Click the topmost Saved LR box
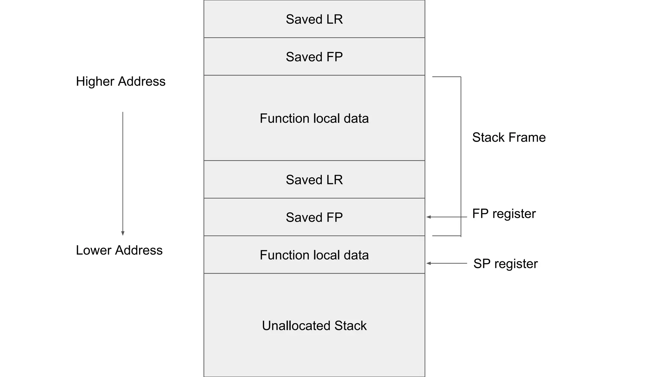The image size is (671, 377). (314, 19)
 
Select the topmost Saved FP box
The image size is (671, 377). (314, 57)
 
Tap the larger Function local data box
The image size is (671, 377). (314, 118)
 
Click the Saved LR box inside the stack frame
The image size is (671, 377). (314, 179)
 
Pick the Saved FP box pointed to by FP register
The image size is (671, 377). (314, 217)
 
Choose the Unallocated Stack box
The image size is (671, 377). (314, 325)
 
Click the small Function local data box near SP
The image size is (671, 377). (314, 255)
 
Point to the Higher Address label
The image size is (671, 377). (121, 81)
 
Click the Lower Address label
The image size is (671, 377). (119, 250)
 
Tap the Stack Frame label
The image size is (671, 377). (509, 137)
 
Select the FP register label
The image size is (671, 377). (504, 213)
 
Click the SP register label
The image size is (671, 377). (506, 263)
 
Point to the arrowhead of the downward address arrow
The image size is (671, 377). (123, 233)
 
